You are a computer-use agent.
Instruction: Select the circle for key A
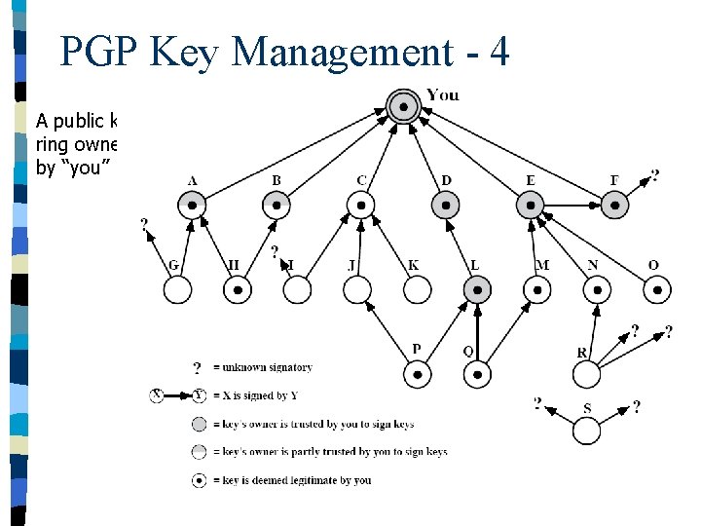(x=193, y=205)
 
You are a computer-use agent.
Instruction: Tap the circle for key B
(x=277, y=205)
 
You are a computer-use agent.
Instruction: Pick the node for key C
(x=361, y=205)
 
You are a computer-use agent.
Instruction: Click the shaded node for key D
(x=446, y=205)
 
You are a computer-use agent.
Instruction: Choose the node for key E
(x=530, y=205)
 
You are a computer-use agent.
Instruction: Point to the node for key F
(x=613, y=205)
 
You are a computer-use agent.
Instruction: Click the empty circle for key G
(x=177, y=289)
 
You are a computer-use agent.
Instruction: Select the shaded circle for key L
(x=477, y=289)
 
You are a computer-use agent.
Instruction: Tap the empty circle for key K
(x=417, y=289)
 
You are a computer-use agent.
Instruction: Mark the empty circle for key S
(x=586, y=430)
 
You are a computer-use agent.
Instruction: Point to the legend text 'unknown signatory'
(x=267, y=367)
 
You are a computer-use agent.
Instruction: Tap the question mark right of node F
(x=653, y=176)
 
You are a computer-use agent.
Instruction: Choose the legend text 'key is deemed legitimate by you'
(x=296, y=480)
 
